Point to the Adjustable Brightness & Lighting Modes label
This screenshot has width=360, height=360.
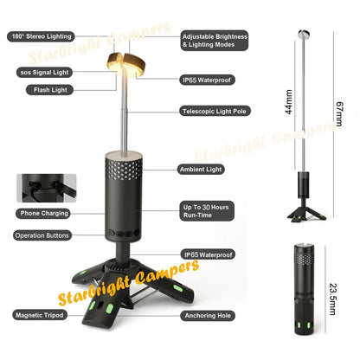click(x=215, y=42)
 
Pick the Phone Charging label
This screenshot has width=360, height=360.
click(x=41, y=213)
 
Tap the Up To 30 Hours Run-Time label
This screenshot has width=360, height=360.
click(x=206, y=213)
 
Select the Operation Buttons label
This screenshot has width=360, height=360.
click(x=42, y=235)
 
